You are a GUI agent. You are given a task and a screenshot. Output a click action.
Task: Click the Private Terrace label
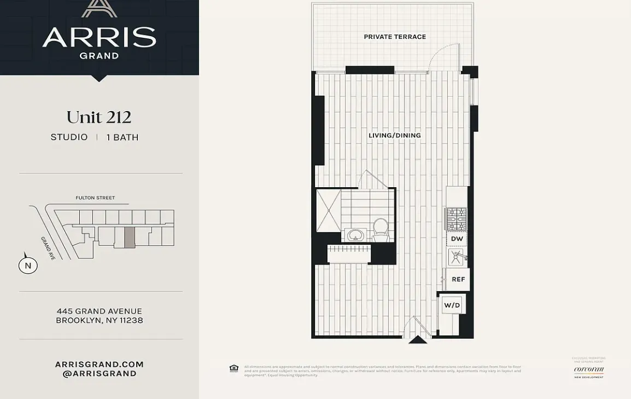pos(395,37)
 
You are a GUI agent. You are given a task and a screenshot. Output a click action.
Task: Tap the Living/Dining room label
pos(394,135)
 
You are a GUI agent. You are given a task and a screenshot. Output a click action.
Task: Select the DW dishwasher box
pos(457,239)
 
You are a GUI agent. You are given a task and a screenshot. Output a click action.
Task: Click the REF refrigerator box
pos(458,279)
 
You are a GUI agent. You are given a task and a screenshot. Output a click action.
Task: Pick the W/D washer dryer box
pos(452,305)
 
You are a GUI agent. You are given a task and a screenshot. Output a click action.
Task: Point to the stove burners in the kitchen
pos(457,219)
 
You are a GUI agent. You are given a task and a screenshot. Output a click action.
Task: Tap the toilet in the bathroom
pos(381,228)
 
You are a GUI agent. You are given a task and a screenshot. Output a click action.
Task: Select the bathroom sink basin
pos(356,236)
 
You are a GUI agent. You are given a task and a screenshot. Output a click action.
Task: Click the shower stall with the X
pos(328,211)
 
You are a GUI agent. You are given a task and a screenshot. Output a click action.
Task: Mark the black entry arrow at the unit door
pos(418,340)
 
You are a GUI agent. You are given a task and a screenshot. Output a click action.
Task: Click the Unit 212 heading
pos(99,117)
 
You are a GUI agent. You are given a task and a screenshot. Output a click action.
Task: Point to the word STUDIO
pos(69,137)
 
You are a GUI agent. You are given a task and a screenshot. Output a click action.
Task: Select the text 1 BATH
pos(122,137)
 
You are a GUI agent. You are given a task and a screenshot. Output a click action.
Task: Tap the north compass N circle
pos(28,266)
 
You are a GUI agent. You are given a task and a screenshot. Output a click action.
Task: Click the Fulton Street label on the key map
pos(95,198)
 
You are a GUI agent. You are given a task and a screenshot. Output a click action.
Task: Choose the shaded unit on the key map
pos(129,237)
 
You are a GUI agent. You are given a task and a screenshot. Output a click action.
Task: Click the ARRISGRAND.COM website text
pos(99,365)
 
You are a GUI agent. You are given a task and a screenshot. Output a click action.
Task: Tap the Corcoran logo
pos(589,369)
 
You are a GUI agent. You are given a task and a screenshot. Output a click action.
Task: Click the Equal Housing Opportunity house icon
pos(234,368)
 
